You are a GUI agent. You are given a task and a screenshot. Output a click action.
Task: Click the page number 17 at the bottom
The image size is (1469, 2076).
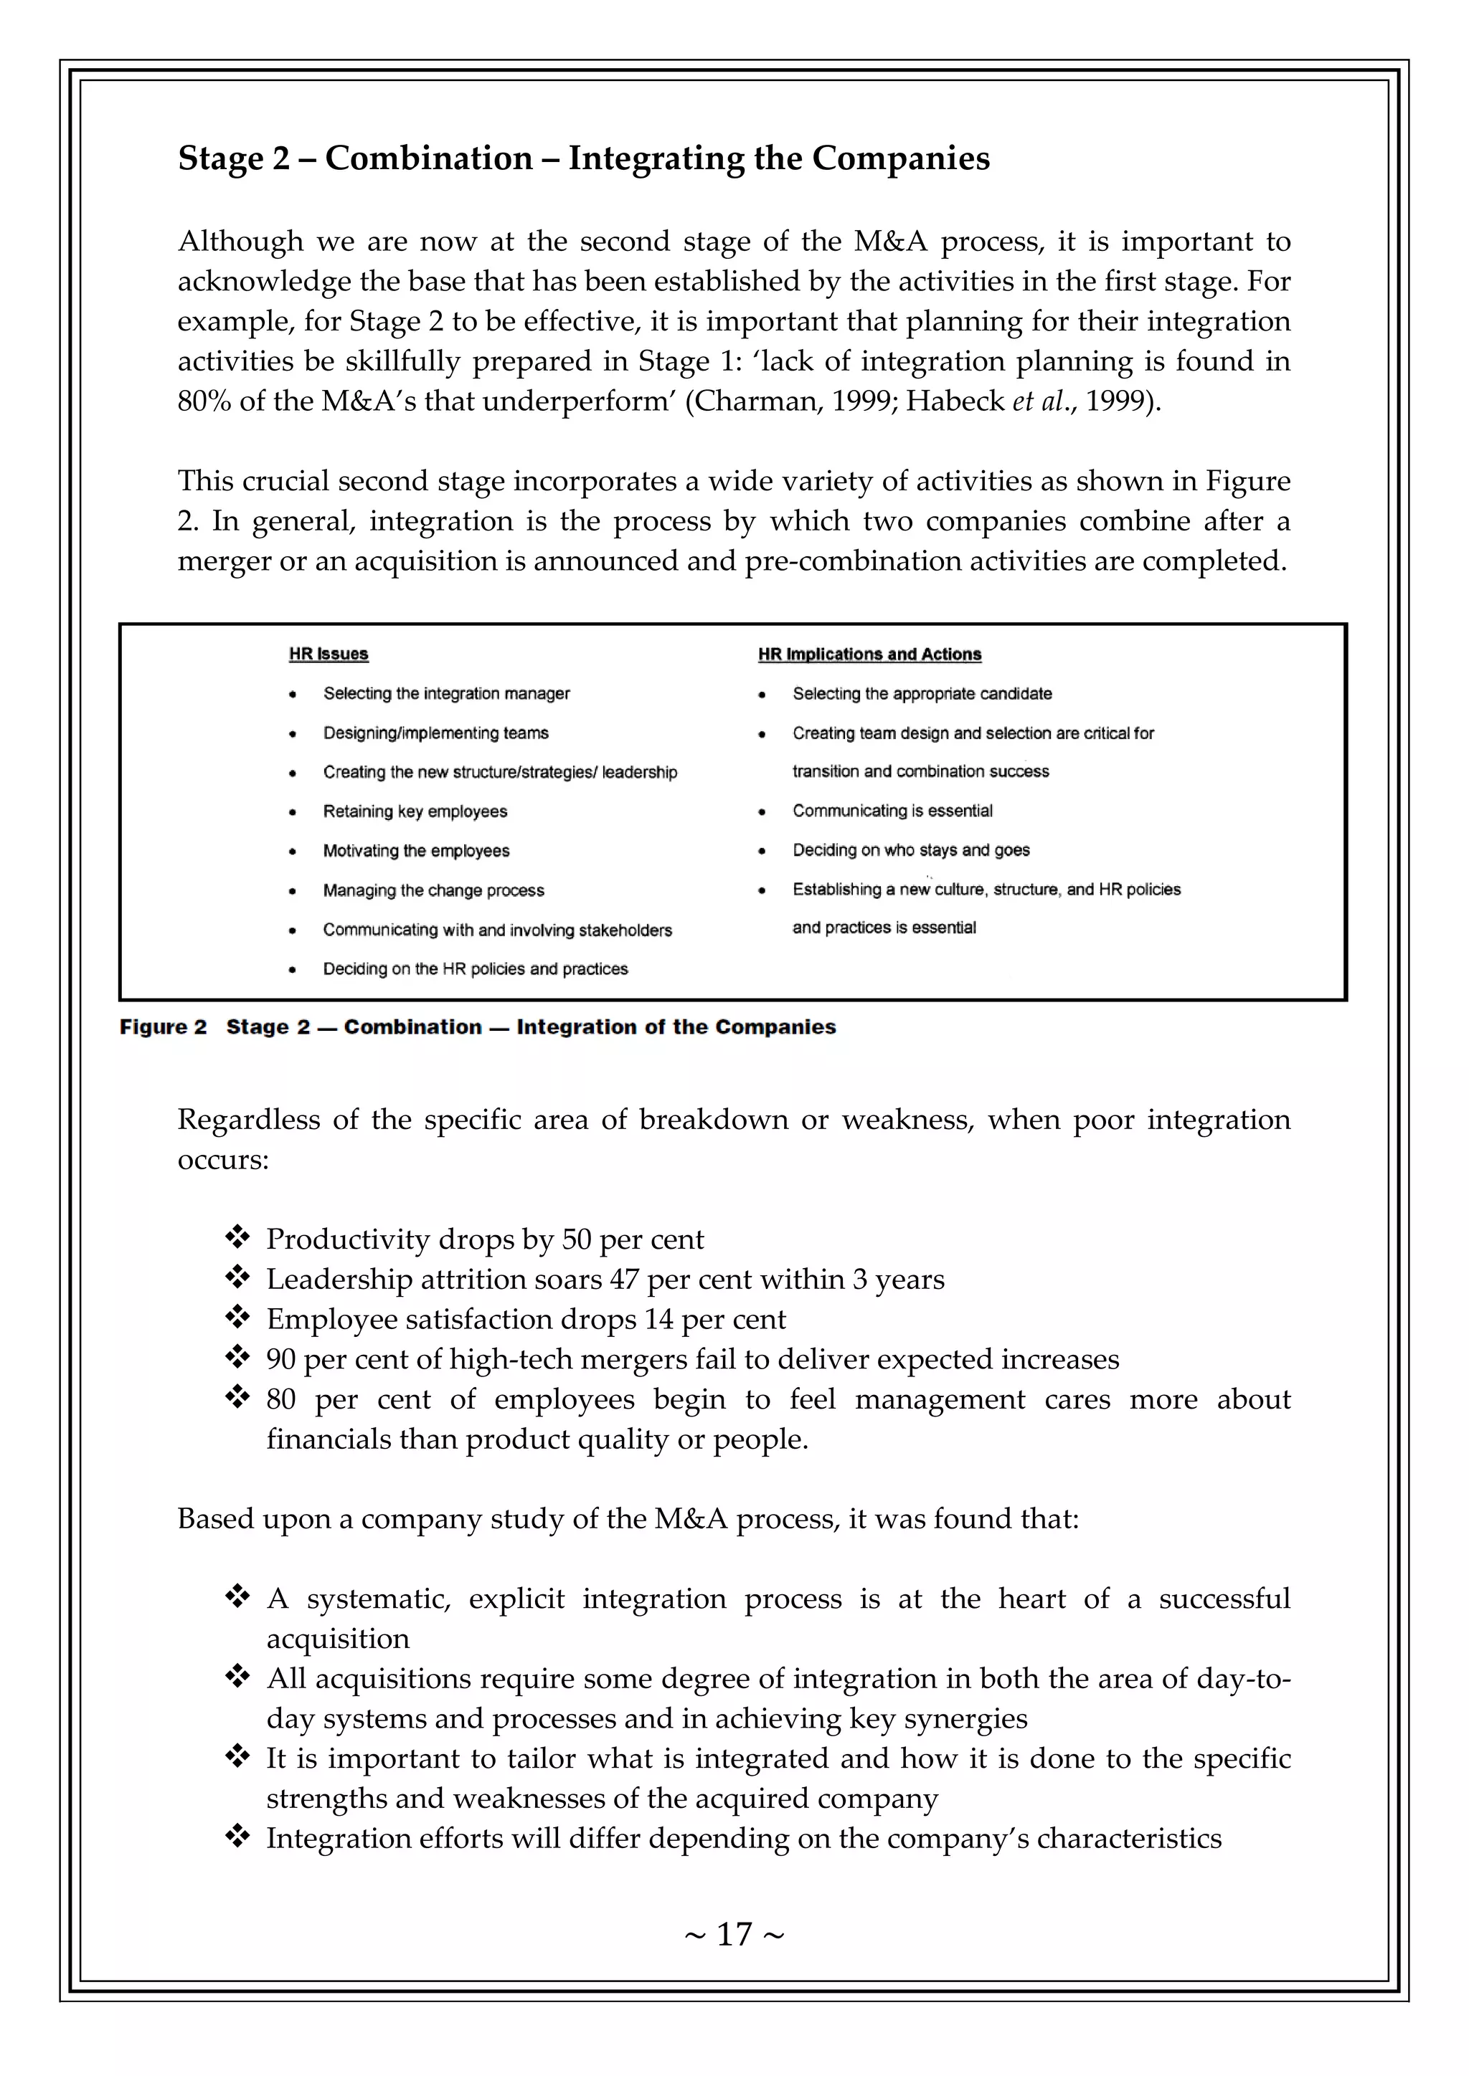pyautogui.click(x=734, y=1934)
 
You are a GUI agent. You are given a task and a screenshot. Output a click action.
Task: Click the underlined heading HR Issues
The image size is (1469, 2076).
pyautogui.click(x=329, y=654)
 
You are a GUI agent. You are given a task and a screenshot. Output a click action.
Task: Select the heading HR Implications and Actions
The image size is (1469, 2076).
pyautogui.click(x=869, y=654)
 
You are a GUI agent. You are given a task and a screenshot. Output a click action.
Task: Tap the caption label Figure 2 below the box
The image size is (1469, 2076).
pyautogui.click(x=163, y=1027)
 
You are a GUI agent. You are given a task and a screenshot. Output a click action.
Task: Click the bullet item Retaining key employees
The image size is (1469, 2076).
pyautogui.click(x=415, y=811)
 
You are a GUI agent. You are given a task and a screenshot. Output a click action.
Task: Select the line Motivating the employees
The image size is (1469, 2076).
pyautogui.click(x=416, y=851)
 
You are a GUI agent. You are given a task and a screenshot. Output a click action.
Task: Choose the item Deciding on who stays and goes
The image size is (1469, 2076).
pyautogui.click(x=911, y=850)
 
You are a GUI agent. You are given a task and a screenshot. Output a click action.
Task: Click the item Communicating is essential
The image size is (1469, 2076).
pyautogui.click(x=892, y=811)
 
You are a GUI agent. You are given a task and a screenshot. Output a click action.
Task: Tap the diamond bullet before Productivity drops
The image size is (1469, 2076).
pyautogui.click(x=237, y=1236)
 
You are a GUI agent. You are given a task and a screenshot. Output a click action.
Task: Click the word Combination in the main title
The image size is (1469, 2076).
pyautogui.click(x=429, y=158)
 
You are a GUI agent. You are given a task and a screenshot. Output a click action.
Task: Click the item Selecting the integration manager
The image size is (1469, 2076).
pyautogui.click(x=446, y=693)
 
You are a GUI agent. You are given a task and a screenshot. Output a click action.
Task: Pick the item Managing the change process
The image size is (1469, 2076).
pyautogui.click(x=433, y=890)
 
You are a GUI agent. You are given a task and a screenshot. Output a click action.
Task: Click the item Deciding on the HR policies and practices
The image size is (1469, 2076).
pyautogui.click(x=475, y=969)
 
